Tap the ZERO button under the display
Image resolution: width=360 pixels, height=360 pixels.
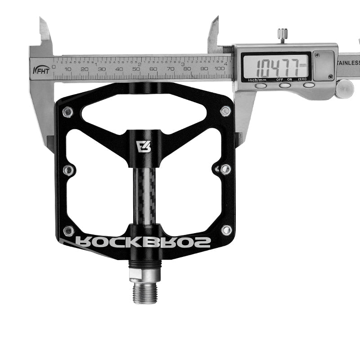(x=308, y=85)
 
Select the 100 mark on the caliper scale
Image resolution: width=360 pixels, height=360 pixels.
(x=220, y=68)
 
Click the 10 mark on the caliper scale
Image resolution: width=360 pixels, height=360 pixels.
(x=67, y=68)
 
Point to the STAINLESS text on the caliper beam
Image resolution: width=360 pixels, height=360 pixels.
(x=349, y=63)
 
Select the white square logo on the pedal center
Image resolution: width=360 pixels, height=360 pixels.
(x=142, y=147)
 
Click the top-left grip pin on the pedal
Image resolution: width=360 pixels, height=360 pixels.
(x=67, y=112)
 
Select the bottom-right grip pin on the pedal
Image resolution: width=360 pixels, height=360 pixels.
(x=226, y=230)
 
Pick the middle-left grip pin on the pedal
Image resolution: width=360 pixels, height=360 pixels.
(x=68, y=170)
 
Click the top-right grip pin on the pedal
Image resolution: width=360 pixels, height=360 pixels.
(x=225, y=111)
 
